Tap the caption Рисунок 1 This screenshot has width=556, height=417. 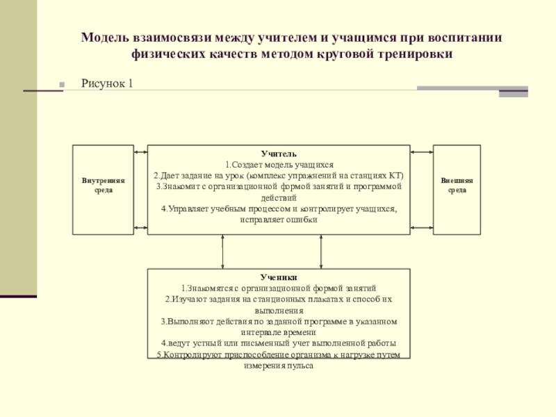point(107,83)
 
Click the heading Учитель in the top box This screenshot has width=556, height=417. point(279,153)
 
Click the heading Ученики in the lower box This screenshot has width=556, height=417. point(279,277)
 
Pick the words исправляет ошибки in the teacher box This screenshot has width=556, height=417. point(279,219)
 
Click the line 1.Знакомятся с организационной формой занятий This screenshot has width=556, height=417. point(279,288)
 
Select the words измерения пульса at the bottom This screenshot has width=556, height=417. point(279,365)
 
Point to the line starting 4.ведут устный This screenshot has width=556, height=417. point(279,343)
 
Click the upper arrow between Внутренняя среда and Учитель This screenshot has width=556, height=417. point(140,152)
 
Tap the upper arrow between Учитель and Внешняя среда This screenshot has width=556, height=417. point(421,152)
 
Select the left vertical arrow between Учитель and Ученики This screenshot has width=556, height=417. point(222,252)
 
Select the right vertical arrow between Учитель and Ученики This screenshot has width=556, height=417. point(321,252)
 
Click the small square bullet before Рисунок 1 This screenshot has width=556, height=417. point(62,85)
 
